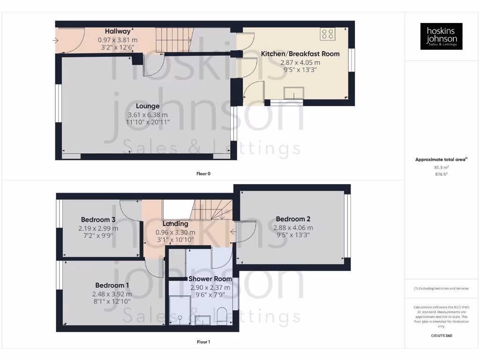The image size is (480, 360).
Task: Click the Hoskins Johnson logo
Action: (x=441, y=36)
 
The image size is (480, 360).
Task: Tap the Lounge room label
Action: (x=148, y=106)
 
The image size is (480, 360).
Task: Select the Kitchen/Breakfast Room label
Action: (x=300, y=54)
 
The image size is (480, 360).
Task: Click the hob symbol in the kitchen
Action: (x=328, y=34)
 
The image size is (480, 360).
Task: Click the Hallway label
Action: (x=118, y=31)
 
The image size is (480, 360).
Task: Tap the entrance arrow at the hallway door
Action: (x=56, y=40)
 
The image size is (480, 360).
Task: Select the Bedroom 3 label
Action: (x=98, y=219)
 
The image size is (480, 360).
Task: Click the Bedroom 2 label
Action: (x=293, y=219)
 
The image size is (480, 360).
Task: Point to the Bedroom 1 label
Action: (x=112, y=285)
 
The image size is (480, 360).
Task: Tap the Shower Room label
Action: (x=210, y=279)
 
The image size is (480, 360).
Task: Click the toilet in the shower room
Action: (x=223, y=315)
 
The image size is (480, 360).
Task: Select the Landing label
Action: (x=175, y=224)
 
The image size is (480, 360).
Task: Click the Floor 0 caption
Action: (x=203, y=173)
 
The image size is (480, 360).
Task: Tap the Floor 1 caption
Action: (x=203, y=342)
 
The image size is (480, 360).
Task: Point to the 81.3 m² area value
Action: (x=441, y=167)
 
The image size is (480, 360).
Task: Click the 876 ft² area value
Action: (x=441, y=174)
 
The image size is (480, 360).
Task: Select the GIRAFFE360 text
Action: (x=441, y=336)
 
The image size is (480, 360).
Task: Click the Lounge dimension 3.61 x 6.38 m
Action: (x=148, y=115)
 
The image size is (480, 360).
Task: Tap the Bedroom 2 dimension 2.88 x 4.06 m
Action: (x=293, y=228)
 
